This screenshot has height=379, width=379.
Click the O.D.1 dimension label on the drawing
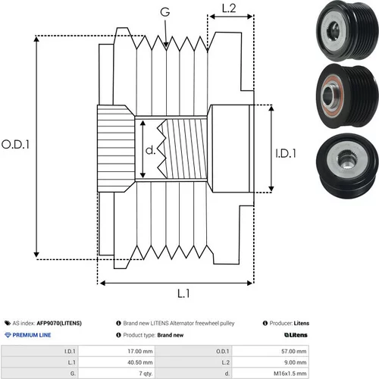point(15,145)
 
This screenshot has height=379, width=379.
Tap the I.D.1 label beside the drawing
point(286,153)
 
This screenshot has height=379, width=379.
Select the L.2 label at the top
point(229,8)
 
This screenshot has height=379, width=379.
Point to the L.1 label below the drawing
point(183,293)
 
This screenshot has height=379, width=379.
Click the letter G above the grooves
point(165,12)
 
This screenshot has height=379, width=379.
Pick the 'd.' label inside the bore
point(151,150)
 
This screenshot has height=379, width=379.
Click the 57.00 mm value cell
point(293,351)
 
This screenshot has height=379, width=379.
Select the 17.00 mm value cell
point(140,351)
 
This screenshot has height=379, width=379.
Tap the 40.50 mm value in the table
point(140,362)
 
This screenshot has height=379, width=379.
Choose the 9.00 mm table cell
point(295,362)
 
